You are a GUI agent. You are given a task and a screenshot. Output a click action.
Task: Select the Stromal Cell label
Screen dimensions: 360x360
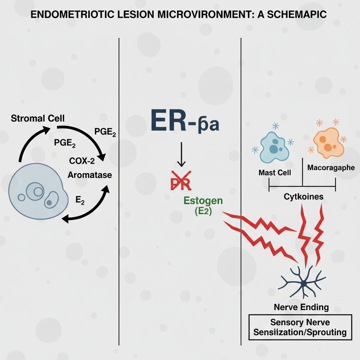coord(38,118)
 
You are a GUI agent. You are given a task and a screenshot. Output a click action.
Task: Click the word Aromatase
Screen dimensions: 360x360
coord(90,174)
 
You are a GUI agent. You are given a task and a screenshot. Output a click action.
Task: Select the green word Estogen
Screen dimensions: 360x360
coord(203,201)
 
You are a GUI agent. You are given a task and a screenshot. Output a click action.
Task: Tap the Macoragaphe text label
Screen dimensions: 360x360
coord(331,168)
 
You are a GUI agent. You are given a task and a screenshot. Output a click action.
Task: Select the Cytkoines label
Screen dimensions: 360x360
coord(303,197)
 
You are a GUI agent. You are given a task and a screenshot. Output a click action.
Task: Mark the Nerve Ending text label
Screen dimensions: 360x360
coord(301,307)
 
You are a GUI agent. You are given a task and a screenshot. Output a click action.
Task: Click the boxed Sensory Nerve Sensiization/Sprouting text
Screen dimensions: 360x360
coord(300,327)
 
